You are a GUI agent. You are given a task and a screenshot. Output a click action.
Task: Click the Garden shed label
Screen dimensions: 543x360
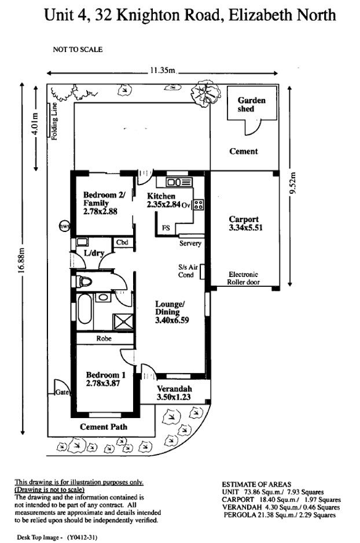click(252, 104)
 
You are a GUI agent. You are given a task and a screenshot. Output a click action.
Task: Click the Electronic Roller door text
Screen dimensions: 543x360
click(243, 278)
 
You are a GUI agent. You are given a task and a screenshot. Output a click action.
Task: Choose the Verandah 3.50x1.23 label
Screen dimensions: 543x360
click(174, 393)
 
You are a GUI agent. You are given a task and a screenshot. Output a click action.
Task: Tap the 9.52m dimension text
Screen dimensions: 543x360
click(293, 184)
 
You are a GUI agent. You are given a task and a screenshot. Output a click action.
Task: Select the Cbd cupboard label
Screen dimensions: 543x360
click(122, 243)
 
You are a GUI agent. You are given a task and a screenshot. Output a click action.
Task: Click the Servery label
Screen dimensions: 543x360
click(190, 243)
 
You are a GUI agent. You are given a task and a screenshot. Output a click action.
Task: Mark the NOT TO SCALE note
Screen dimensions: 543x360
click(78, 50)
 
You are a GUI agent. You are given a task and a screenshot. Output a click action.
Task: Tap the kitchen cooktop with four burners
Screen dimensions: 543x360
click(198, 204)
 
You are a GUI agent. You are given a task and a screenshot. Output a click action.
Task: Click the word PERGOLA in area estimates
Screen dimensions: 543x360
click(239, 515)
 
